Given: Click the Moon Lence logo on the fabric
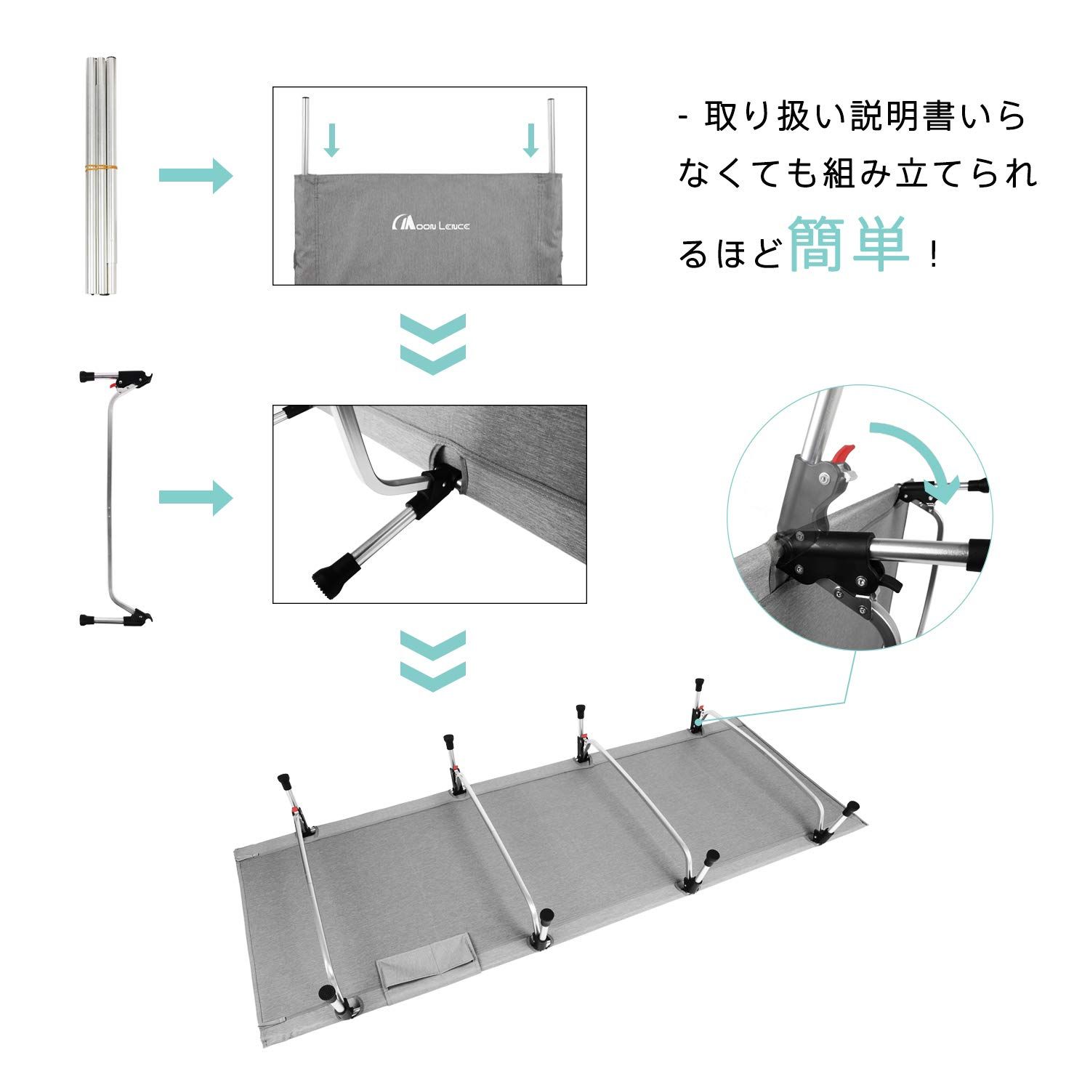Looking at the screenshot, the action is [431, 223].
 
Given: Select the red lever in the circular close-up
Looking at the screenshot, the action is [844, 454].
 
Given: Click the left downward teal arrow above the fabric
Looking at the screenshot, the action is [331, 140].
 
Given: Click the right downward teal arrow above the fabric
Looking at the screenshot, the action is [531, 140].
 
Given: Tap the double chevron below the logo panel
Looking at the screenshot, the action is [434, 344].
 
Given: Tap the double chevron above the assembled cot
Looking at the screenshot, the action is [434, 661].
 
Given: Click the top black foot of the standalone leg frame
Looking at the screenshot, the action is [88, 377].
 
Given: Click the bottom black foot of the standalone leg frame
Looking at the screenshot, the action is [87, 620].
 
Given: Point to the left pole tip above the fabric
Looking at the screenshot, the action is [307, 101].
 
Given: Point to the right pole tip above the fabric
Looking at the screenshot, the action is [552, 101].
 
